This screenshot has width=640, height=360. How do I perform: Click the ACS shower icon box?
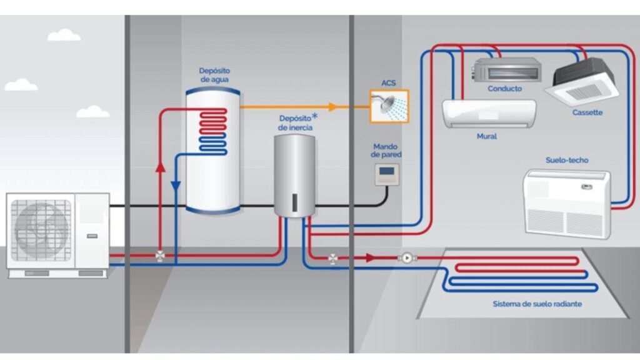389,106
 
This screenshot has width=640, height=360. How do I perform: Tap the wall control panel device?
386,174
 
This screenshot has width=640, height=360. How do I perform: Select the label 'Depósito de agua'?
214,75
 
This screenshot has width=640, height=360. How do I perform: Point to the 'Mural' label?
487,136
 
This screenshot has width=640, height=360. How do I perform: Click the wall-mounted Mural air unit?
490,114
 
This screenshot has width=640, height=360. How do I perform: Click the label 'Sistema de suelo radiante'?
537,304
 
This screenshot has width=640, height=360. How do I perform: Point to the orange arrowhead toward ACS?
334,107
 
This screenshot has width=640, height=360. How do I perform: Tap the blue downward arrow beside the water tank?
176,186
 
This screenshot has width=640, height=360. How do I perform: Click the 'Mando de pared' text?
386,150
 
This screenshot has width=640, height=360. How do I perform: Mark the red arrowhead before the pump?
371,257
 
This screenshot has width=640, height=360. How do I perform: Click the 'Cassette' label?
587,112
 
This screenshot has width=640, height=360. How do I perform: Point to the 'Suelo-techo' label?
567,161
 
